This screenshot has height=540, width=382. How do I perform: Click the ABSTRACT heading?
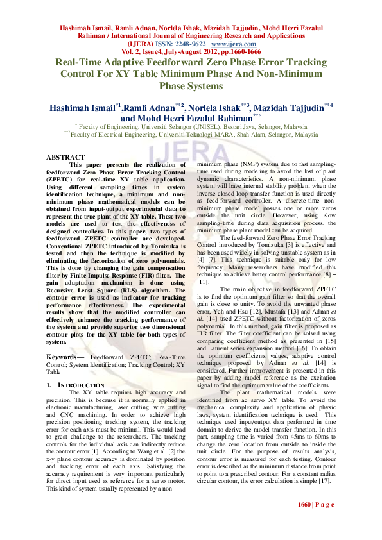point(65,157)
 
